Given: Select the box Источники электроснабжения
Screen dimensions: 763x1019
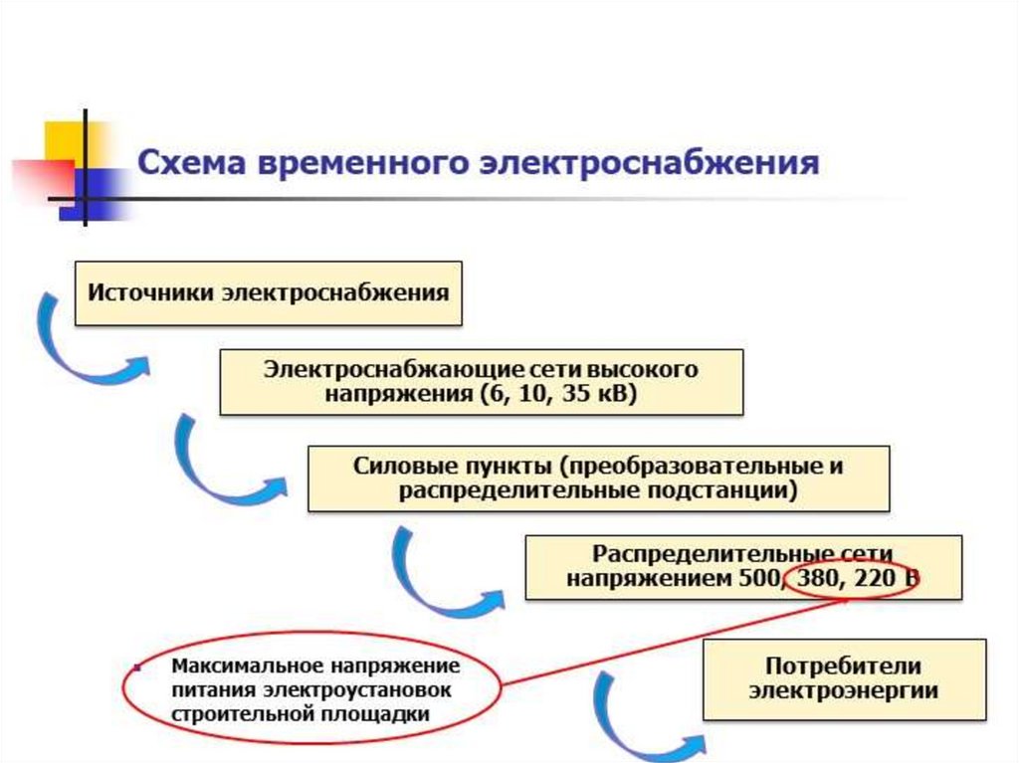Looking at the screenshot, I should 269,293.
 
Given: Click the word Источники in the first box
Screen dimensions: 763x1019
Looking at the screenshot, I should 150,293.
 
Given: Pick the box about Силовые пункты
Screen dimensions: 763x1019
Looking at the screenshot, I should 598,478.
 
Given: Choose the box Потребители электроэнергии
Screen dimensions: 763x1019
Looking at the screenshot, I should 844,678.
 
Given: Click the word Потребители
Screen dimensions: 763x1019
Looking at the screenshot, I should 844,666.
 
